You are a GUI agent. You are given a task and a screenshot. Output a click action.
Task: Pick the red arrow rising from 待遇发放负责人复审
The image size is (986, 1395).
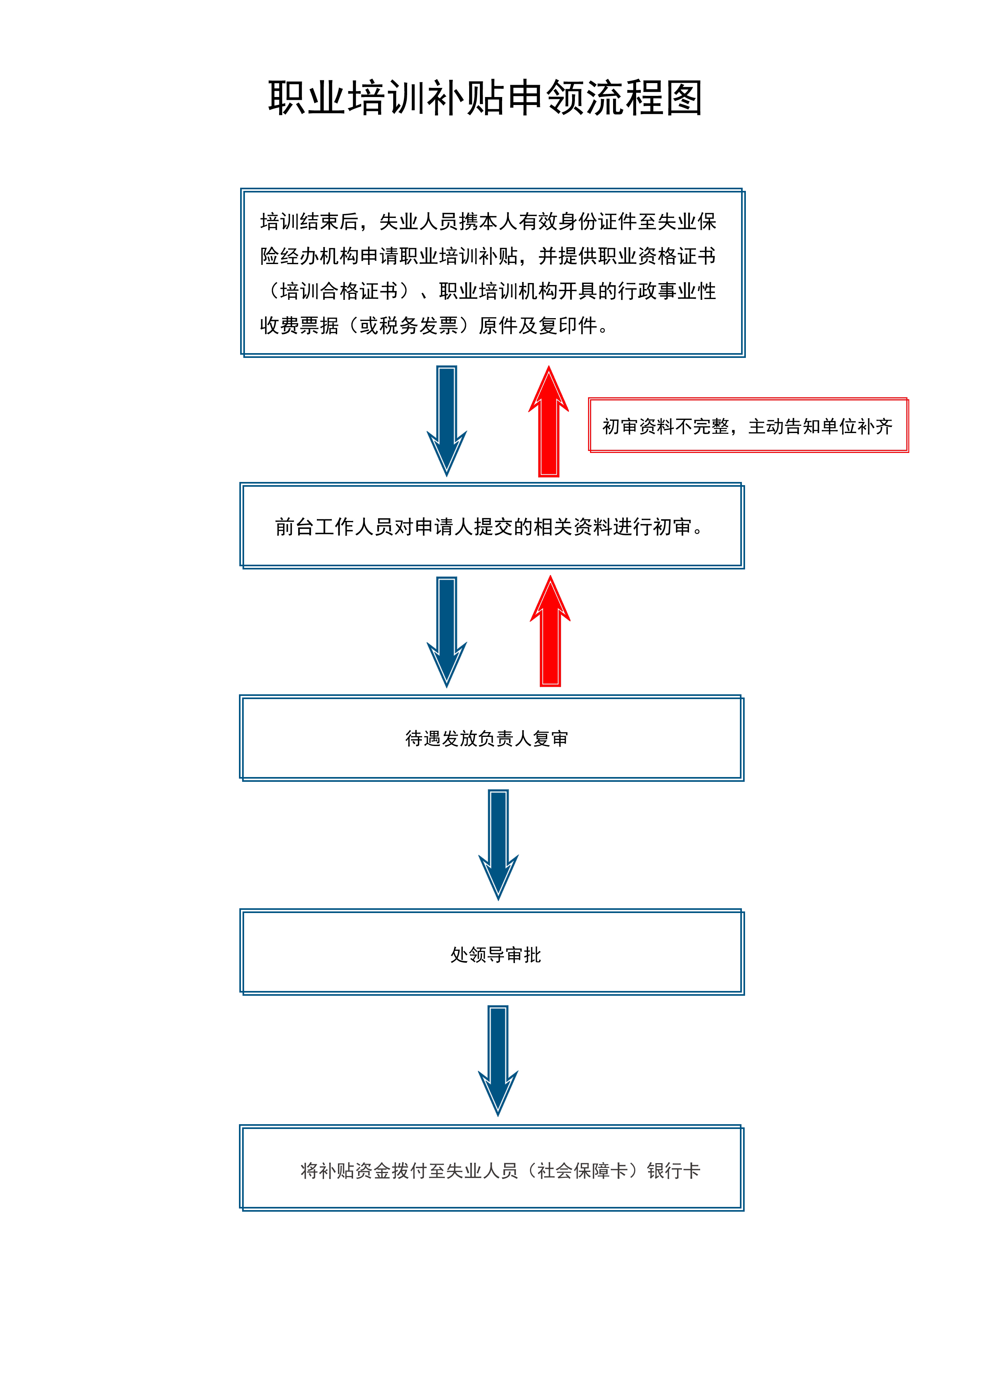point(550,632)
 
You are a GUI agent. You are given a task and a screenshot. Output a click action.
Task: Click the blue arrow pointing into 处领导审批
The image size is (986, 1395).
point(498,843)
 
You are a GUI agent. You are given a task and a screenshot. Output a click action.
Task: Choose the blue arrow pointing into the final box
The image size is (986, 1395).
point(498,1059)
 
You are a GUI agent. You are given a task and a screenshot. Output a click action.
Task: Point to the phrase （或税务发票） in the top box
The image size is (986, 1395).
point(409,326)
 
